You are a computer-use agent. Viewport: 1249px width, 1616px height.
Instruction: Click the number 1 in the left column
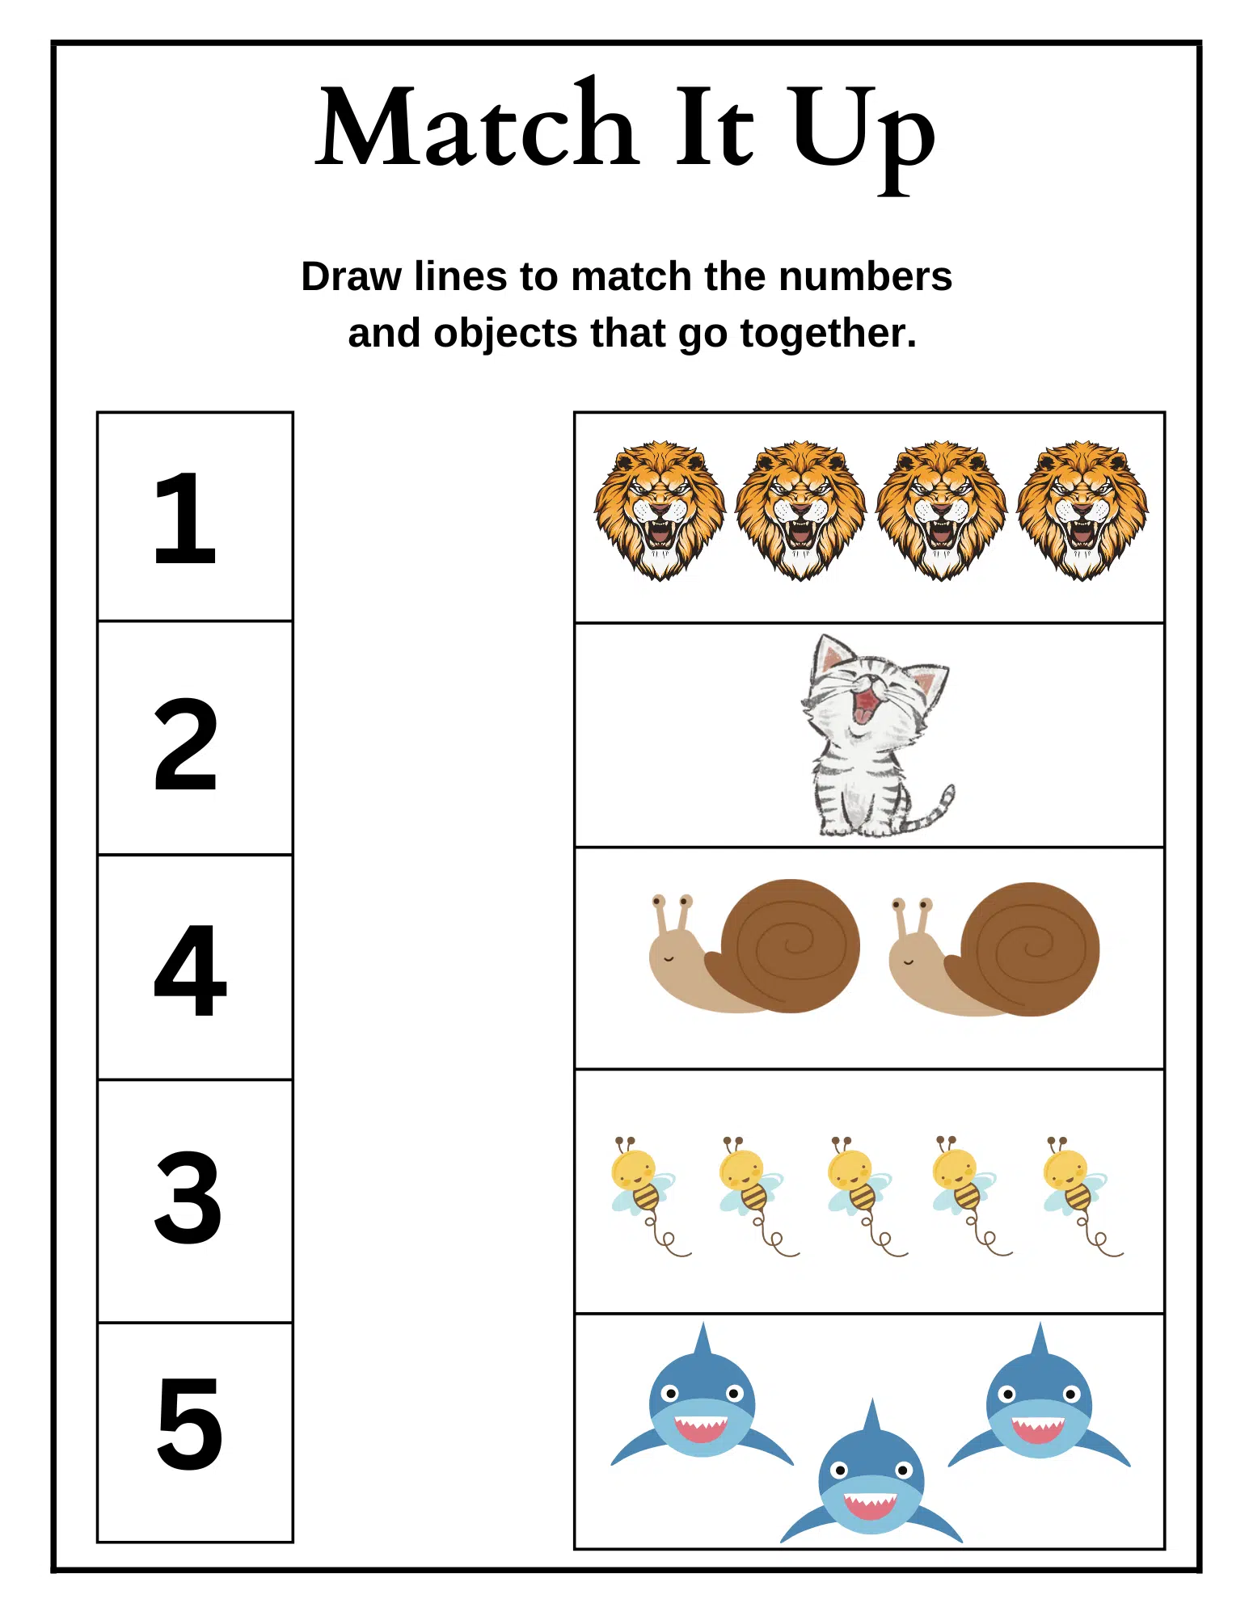coord(186,518)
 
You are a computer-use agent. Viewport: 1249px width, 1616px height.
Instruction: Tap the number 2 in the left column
coord(186,744)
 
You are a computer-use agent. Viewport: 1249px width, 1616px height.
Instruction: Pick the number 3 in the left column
coord(188,1197)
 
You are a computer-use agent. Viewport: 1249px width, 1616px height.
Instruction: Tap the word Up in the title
coord(862,133)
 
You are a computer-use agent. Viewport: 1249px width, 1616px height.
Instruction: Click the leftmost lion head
coord(660,509)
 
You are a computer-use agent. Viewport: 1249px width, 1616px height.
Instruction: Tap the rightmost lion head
coord(1082,509)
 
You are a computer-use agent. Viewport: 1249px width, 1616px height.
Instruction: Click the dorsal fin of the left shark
coord(703,1341)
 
